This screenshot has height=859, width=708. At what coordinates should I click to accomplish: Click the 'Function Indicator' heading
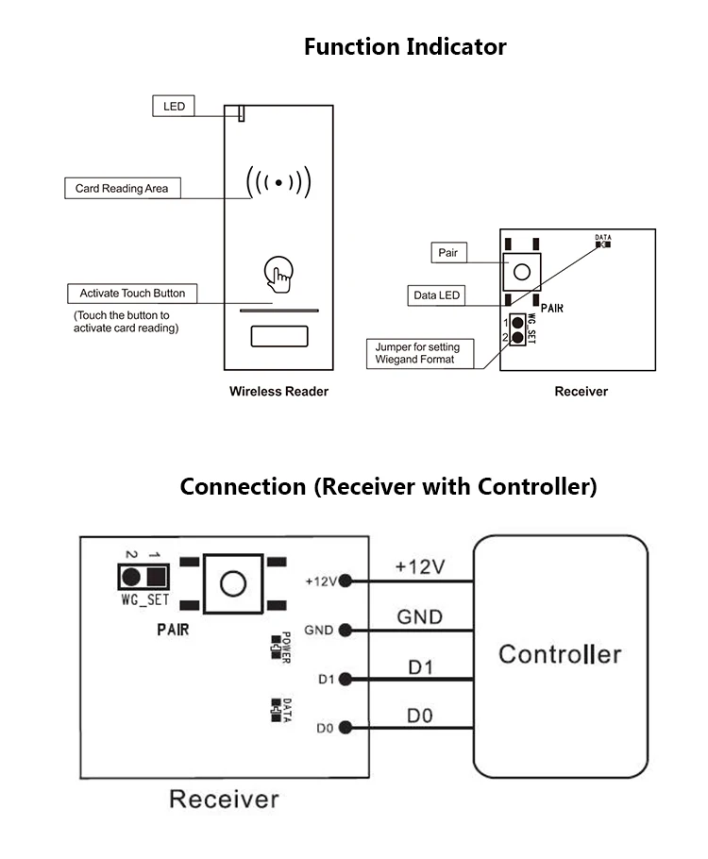click(405, 47)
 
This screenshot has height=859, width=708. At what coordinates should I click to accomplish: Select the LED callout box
click(174, 106)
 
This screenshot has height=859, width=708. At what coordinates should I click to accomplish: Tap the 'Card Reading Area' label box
click(122, 188)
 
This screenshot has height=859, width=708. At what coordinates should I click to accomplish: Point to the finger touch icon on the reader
click(278, 274)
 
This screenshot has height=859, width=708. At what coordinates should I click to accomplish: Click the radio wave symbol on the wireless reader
click(278, 182)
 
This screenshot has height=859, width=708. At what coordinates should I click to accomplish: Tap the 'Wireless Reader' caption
click(278, 391)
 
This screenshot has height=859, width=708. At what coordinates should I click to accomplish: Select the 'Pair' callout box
click(447, 253)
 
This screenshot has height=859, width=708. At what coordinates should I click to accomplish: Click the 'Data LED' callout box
click(437, 295)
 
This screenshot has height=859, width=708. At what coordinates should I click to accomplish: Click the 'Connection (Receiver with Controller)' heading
click(388, 487)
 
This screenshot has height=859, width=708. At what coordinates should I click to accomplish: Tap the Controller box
click(561, 654)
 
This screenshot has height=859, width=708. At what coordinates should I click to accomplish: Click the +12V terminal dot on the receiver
click(345, 581)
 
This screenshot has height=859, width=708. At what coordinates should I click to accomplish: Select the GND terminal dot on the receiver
click(345, 630)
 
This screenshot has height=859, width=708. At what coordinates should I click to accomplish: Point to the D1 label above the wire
click(420, 666)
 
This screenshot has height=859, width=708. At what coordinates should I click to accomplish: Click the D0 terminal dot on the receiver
click(345, 727)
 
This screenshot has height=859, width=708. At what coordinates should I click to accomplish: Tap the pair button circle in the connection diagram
click(233, 583)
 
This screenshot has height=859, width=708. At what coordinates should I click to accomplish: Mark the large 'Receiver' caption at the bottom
click(224, 800)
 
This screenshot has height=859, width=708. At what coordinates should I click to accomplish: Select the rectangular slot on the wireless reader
click(278, 336)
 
